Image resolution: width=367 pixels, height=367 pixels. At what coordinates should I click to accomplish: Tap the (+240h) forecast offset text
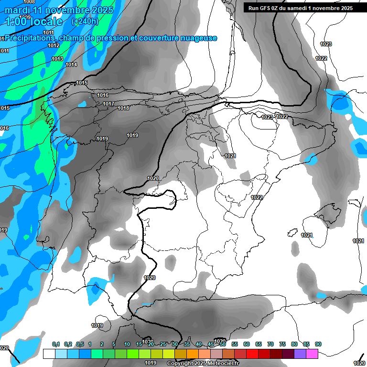tap(85, 21)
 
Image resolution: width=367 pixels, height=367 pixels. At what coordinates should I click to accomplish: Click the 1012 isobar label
tap(54, 45)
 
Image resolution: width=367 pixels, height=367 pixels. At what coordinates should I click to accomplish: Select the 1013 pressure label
tap(57, 59)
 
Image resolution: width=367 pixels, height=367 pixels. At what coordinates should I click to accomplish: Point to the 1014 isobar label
tap(71, 65)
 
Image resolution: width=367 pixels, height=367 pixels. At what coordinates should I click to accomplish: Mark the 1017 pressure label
tap(108, 104)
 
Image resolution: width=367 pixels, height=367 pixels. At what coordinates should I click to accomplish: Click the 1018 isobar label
tap(123, 108)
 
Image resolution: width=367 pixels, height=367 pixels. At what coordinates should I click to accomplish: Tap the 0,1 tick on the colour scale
tap(55, 344)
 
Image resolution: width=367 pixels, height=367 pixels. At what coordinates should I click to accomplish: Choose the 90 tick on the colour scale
tap(318, 344)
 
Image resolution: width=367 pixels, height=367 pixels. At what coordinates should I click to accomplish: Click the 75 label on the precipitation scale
tap(282, 344)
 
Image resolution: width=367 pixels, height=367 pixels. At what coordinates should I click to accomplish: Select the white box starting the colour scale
tap(49, 354)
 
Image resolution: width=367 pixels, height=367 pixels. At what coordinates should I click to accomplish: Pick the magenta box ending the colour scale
tap(312, 354)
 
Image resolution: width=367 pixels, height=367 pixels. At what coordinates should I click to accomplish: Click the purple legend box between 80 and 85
tap(300, 354)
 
